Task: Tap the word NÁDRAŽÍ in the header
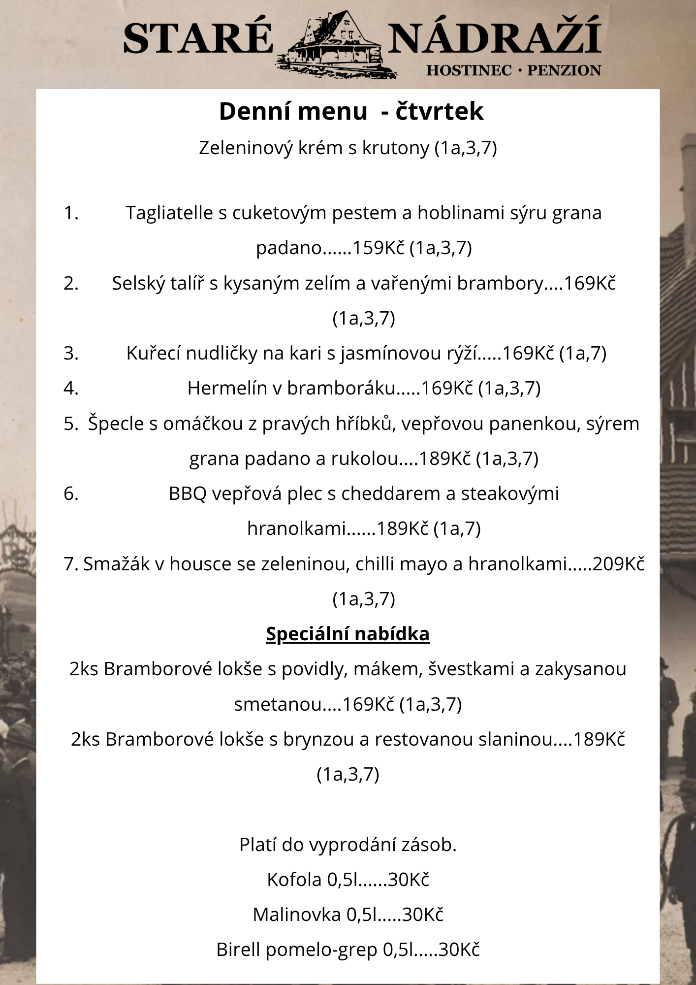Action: [x=494, y=37]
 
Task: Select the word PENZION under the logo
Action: [x=564, y=70]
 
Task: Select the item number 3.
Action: [x=71, y=353]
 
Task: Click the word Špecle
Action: [x=116, y=424]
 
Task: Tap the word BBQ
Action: [x=188, y=493]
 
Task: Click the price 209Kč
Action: [x=618, y=564]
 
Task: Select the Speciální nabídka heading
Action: [x=348, y=634]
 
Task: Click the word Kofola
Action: [x=294, y=880]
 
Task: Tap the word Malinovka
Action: [x=296, y=915]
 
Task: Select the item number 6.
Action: [x=71, y=493]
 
